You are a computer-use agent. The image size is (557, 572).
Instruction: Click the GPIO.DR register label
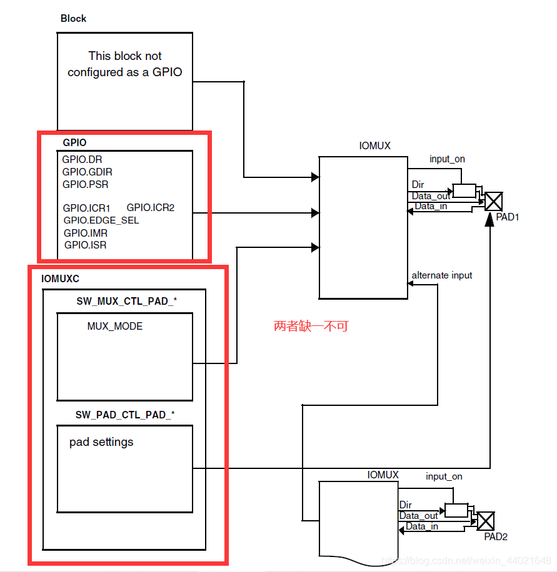pos(82,160)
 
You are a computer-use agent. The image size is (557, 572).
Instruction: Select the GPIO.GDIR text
pos(88,172)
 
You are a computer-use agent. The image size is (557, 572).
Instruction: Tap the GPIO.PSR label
pos(86,184)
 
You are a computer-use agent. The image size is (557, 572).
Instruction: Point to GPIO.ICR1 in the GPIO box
pos(86,208)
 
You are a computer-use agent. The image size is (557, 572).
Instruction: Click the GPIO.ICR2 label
pos(151,207)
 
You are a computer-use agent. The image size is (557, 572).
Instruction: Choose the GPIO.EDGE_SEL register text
pos(101,220)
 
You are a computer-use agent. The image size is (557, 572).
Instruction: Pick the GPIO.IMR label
pos(86,233)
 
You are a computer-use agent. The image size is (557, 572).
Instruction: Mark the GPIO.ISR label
pos(85,245)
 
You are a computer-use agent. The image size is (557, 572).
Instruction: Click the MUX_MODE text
pos(115,326)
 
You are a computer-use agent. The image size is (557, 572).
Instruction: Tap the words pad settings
pos(101,442)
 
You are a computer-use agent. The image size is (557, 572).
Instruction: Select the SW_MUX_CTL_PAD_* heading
pos(126,301)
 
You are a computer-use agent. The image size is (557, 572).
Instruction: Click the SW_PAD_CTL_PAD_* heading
pos(125,415)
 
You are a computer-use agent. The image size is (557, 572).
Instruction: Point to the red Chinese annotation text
pos(311,326)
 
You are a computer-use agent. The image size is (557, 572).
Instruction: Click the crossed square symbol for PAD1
pos(494,200)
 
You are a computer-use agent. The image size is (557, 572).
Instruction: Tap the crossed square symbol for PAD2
pos(485,521)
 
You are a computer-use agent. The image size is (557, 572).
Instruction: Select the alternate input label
pos(441,275)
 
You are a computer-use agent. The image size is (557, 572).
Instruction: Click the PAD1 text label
pos(508,217)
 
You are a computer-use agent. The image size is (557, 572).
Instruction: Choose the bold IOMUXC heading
pos(60,279)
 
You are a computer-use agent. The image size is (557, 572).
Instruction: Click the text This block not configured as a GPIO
pos(125,64)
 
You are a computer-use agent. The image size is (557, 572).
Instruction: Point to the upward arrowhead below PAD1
pos(489,219)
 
